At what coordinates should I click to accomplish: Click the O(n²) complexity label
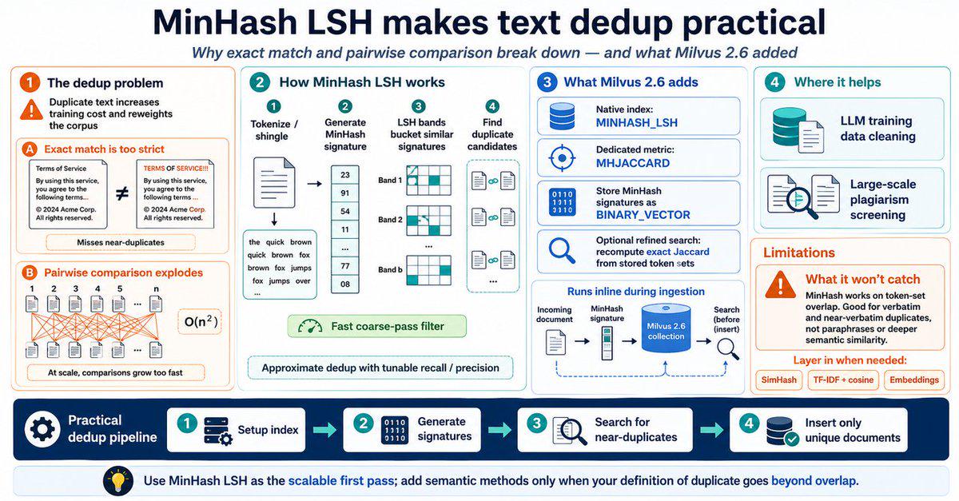click(200, 321)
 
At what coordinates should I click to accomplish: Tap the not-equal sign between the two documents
click(122, 194)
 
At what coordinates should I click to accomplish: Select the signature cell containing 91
click(345, 193)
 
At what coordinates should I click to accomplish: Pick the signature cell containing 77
click(345, 266)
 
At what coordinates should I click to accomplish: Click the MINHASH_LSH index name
click(637, 123)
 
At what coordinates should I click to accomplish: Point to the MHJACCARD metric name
click(633, 163)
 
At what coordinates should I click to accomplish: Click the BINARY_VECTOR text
click(643, 215)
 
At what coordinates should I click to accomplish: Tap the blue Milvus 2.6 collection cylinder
click(666, 328)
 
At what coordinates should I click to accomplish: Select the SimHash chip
click(778, 380)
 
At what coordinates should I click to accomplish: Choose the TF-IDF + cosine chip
click(843, 380)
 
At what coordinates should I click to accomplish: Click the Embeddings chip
click(914, 380)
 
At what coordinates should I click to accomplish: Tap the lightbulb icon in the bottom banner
click(117, 480)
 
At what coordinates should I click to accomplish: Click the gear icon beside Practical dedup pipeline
click(42, 429)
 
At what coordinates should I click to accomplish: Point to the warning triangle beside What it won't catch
click(781, 284)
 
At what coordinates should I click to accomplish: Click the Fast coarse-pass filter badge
click(376, 326)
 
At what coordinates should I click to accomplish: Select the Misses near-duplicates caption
click(121, 242)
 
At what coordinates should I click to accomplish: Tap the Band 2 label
click(390, 220)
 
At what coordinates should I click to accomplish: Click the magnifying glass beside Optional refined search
click(562, 251)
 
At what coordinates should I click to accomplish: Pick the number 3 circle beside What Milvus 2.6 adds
click(547, 82)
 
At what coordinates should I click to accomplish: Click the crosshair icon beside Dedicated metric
click(562, 158)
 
